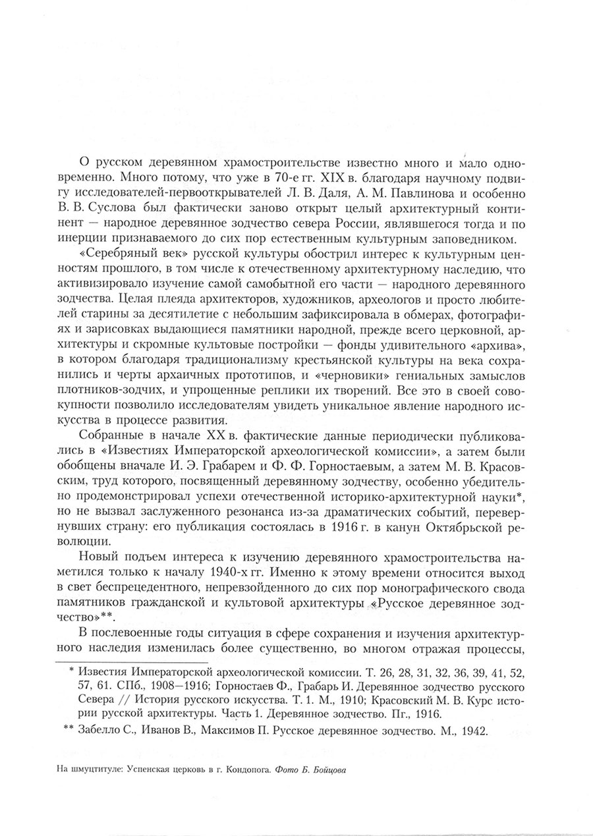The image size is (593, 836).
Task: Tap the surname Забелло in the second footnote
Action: [104, 731]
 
